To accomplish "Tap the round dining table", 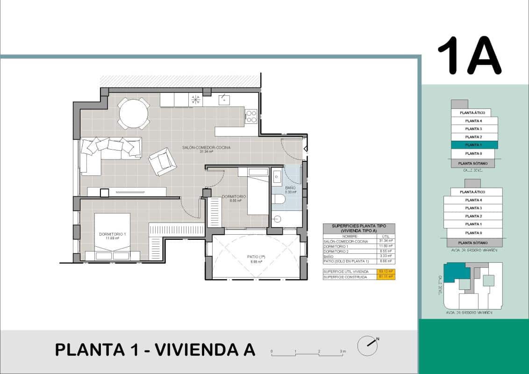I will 134,114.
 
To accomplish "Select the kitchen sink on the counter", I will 224,100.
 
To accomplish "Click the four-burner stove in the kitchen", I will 251,116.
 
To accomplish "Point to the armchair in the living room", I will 162,161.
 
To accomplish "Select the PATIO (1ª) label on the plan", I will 256,257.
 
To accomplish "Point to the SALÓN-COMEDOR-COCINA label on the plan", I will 206,148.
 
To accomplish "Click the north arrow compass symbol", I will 368,345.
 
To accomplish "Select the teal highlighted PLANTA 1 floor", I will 474,145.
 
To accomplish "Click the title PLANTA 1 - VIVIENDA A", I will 155,349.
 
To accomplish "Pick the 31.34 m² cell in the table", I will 386,241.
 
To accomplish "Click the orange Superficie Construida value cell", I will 386,277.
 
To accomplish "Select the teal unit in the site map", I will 456,272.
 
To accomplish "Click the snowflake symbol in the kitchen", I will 195,100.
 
